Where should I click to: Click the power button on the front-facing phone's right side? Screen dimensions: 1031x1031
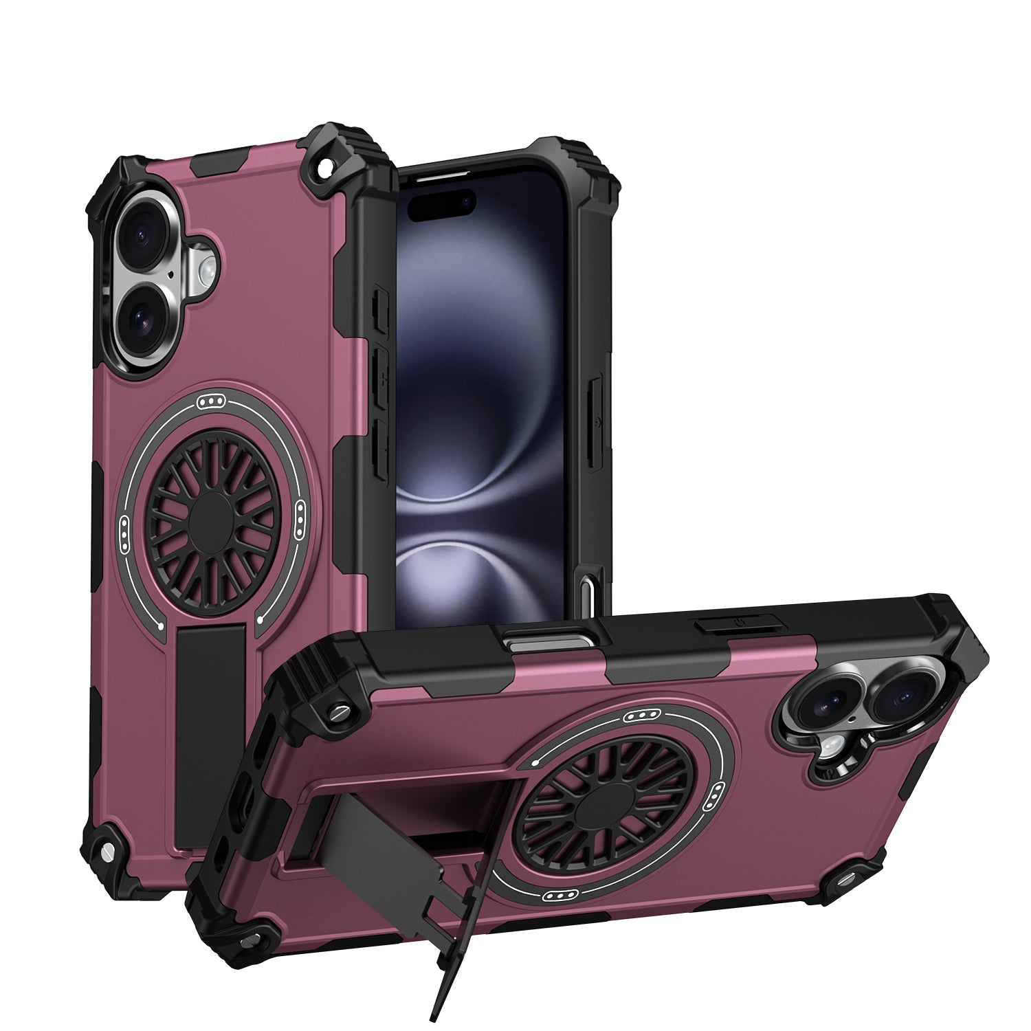(x=597, y=421)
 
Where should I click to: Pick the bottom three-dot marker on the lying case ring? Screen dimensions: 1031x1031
(x=558, y=894)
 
